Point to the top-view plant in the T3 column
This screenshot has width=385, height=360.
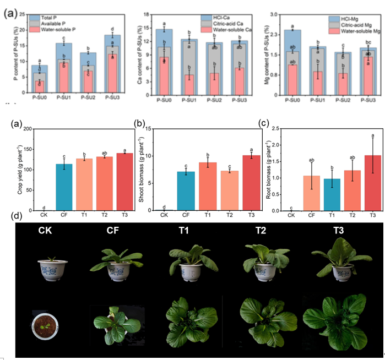341,321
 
